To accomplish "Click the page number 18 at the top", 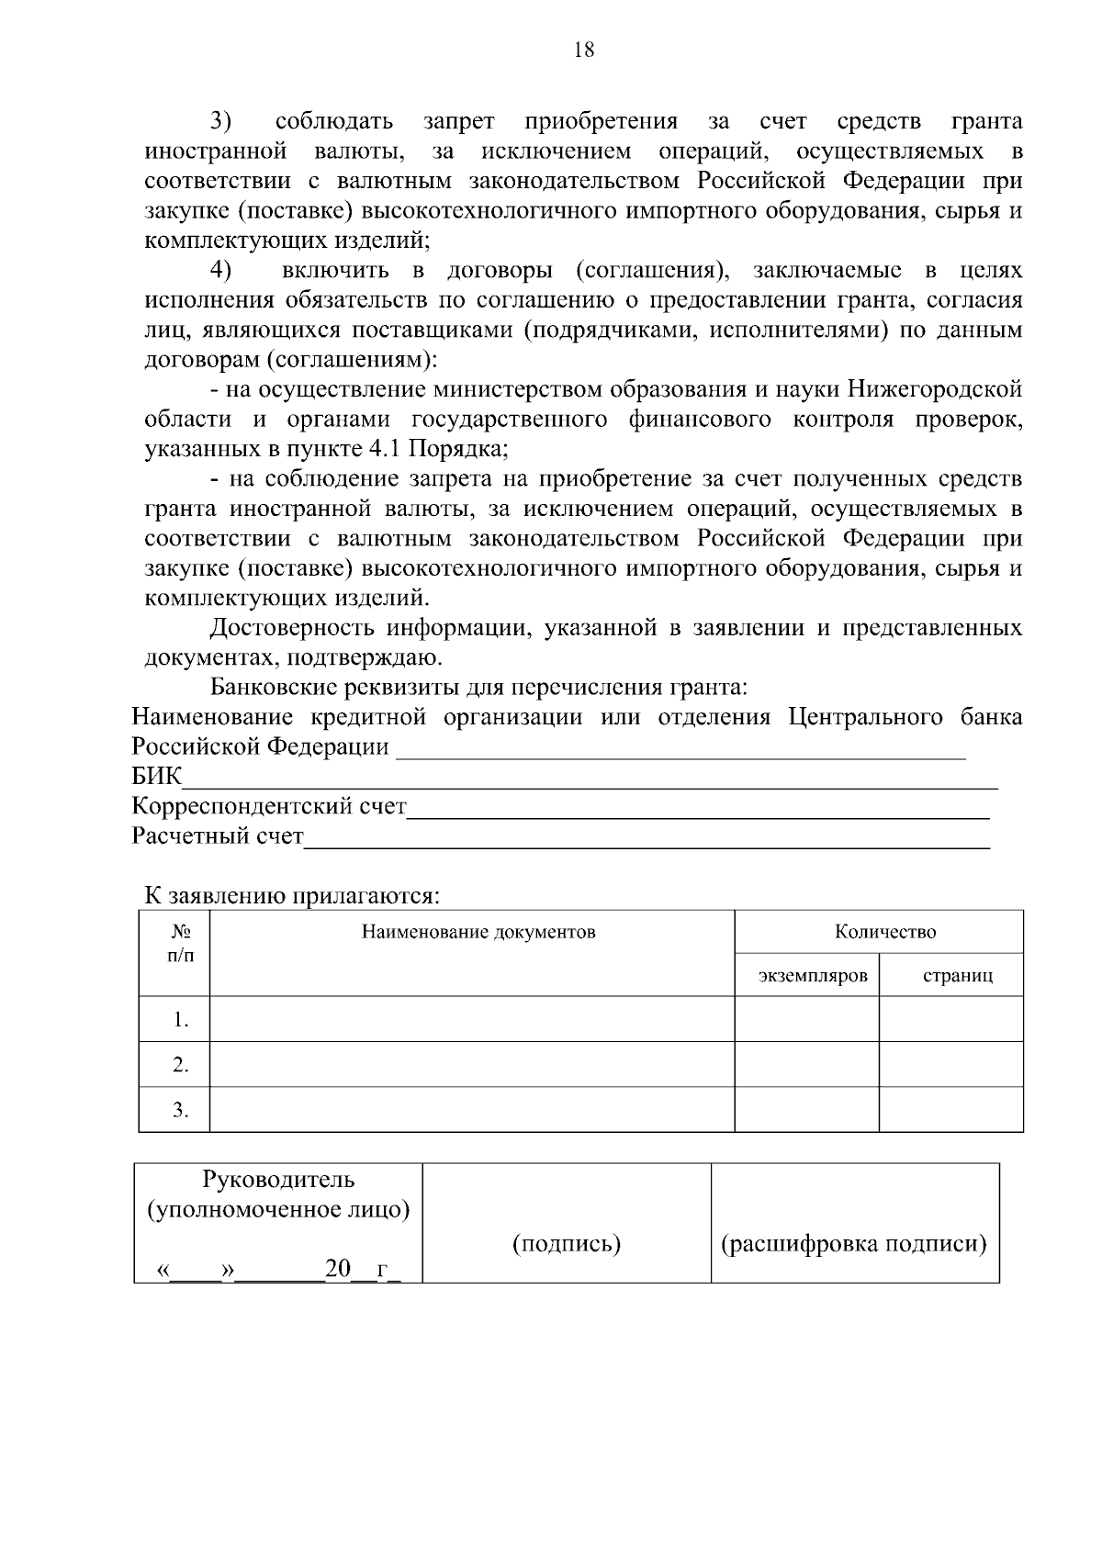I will [x=584, y=50].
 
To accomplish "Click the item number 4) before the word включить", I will [x=221, y=270].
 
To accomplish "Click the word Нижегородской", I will [x=934, y=389].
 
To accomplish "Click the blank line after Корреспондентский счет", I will [x=698, y=812].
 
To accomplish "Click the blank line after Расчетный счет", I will [x=647, y=842].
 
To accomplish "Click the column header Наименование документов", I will [x=478, y=933].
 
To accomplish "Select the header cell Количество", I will [x=885, y=933].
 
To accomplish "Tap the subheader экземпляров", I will [x=813, y=975].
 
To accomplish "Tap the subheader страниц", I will [x=957, y=975].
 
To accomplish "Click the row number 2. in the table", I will [x=180, y=1065].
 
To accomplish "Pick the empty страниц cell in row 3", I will [x=951, y=1110].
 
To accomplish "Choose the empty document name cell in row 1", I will [x=472, y=1019].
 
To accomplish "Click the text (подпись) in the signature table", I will [x=566, y=1244].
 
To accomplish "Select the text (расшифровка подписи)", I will [x=853, y=1244].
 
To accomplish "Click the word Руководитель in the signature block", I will [x=278, y=1180].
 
